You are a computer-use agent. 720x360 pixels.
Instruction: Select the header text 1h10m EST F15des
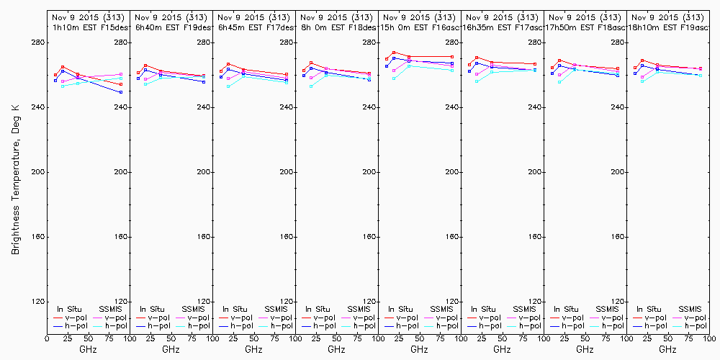pos(89,27)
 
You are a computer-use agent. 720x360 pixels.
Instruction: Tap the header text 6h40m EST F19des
pos(171,27)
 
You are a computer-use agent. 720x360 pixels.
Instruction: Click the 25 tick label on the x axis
pos(67,337)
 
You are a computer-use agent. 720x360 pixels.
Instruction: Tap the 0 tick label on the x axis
pos(47,337)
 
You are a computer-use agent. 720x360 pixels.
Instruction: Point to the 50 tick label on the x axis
pos(88,337)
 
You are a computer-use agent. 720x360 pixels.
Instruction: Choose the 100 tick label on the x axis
pos(129,337)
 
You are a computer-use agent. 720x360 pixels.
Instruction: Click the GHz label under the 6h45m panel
pos(253,349)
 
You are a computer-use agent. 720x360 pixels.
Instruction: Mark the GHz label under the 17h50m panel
pos(585,349)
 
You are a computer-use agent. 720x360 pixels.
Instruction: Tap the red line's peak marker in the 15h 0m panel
pos(394,53)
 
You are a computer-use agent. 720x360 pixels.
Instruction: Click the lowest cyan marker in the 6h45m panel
pos(228,86)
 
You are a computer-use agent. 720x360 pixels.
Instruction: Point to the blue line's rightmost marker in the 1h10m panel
pos(121,92)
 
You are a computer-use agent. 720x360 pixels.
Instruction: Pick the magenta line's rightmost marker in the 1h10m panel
pos(121,74)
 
